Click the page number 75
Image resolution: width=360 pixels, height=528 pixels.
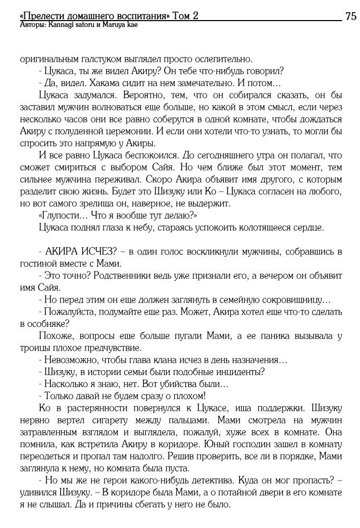[x=350, y=16]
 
